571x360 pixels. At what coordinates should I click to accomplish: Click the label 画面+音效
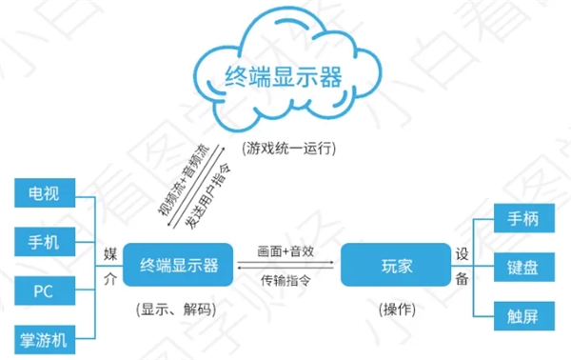[286, 251]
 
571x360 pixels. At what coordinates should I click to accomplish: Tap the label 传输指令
[286, 281]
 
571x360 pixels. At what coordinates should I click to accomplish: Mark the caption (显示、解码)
[177, 310]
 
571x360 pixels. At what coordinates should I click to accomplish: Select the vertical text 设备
[462, 266]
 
